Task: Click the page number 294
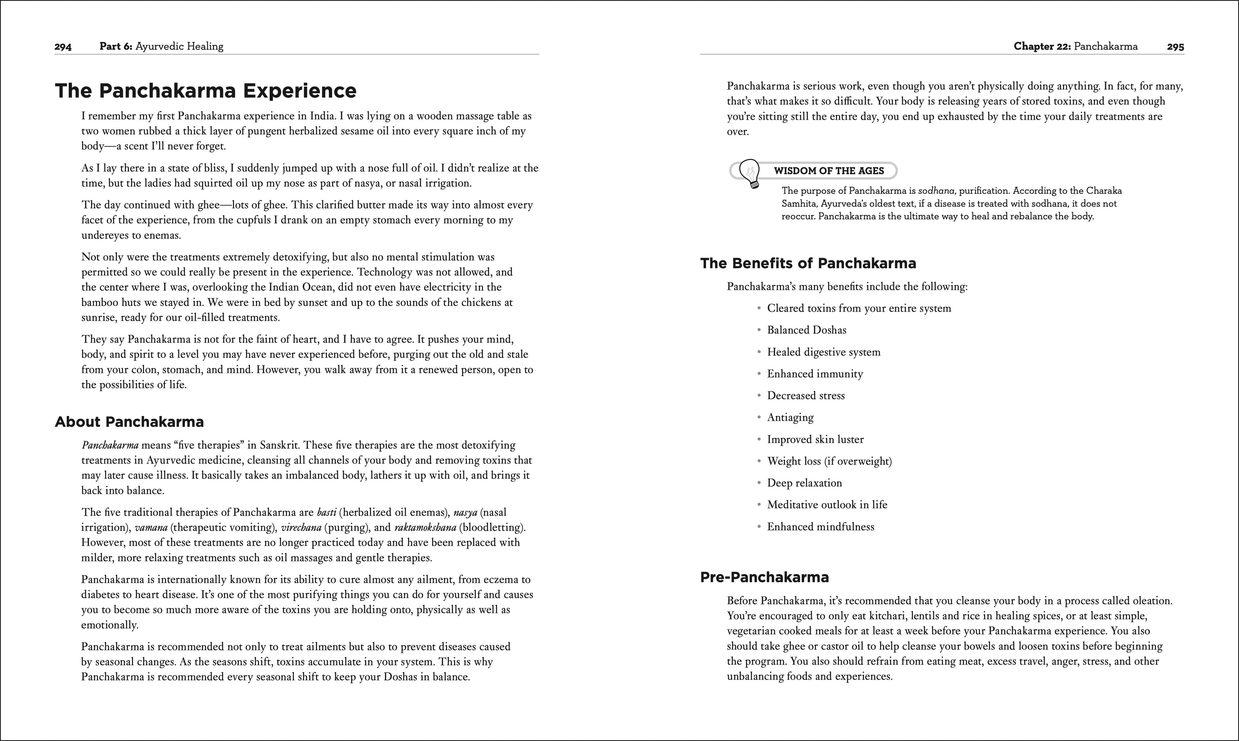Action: click(63, 47)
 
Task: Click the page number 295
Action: click(1175, 47)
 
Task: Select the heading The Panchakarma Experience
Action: click(206, 91)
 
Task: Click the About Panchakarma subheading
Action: click(129, 422)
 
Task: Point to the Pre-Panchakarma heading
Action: click(764, 577)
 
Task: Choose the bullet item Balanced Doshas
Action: click(806, 330)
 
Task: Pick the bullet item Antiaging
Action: click(790, 417)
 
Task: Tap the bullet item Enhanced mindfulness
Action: click(820, 527)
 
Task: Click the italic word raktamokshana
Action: click(425, 528)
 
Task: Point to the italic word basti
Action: click(327, 512)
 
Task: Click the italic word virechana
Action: click(301, 528)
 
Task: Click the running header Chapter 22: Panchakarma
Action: click(1075, 46)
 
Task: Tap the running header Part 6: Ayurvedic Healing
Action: click(161, 46)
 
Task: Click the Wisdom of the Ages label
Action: click(829, 171)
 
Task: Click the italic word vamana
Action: click(151, 528)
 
